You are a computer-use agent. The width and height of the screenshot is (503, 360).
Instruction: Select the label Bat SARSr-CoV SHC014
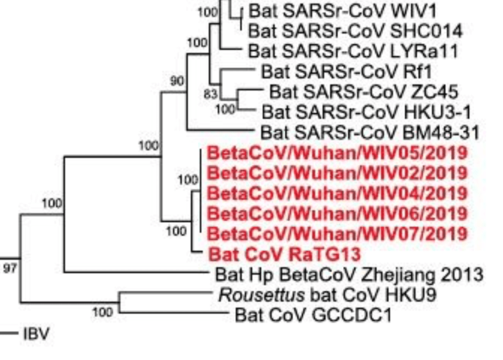[355, 31]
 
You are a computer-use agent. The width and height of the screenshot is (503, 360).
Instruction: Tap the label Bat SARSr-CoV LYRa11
[353, 51]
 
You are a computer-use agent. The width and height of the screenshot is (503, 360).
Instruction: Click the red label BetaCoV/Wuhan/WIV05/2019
[337, 153]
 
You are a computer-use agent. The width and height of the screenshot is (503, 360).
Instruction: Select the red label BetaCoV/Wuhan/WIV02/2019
[337, 173]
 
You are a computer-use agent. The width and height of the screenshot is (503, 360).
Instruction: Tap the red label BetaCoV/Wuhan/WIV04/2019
[337, 193]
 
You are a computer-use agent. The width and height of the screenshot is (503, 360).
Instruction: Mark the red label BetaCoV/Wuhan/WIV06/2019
[337, 213]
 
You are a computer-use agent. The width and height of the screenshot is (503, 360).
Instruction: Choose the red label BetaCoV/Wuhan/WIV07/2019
[337, 233]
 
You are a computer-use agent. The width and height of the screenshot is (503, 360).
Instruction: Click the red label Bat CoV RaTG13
[275, 253]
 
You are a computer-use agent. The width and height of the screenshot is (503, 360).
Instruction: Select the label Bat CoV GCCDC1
[313, 314]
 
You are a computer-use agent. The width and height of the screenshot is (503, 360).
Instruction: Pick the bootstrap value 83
[209, 93]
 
